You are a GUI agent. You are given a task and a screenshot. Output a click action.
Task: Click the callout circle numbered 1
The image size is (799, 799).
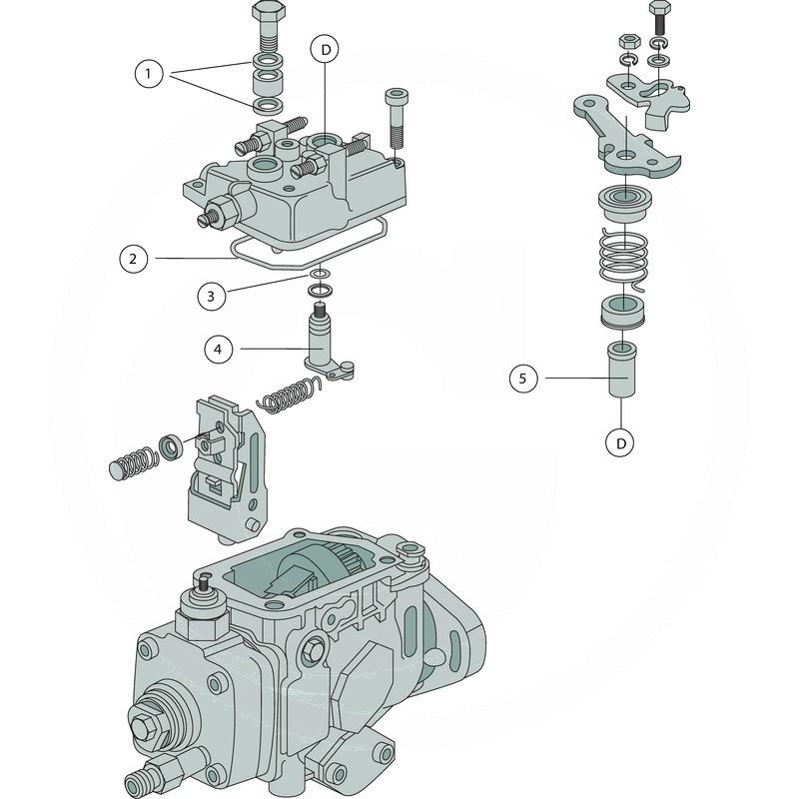click(149, 73)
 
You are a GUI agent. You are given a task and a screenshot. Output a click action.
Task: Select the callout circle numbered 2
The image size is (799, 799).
click(132, 259)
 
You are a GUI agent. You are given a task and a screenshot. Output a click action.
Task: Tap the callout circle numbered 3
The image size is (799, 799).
click(211, 295)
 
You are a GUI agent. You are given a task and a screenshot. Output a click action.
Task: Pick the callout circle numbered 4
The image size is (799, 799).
click(219, 349)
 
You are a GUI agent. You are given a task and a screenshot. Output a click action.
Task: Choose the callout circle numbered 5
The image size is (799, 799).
click(522, 378)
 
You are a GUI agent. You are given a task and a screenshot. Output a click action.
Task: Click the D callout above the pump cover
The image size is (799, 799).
click(325, 49)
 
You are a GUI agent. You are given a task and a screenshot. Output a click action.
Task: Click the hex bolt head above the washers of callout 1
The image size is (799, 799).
click(269, 17)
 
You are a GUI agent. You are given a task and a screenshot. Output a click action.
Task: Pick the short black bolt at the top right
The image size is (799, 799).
click(658, 18)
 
